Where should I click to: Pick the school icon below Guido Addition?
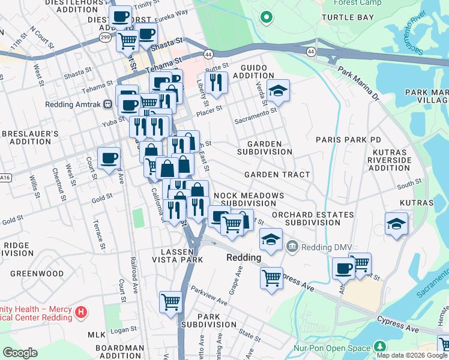coord(278,91)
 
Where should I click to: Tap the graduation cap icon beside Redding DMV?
coord(271,239)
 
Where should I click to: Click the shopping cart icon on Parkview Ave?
coord(171,301)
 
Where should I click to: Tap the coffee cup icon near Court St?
coord(109,158)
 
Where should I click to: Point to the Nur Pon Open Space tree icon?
coord(379,347)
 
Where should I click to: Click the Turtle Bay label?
coord(348,17)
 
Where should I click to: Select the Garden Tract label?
coord(277,175)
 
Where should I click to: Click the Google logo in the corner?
coord(20,353)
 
